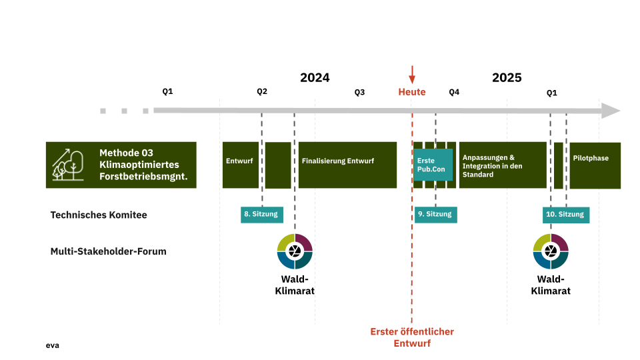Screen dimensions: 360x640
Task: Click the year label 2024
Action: pyautogui.click(x=315, y=77)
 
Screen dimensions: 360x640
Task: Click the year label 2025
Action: pyautogui.click(x=507, y=77)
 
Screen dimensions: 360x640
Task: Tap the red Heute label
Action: pyautogui.click(x=412, y=92)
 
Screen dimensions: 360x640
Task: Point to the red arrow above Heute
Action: pyautogui.click(x=412, y=73)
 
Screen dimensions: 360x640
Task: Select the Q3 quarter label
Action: pyautogui.click(x=359, y=92)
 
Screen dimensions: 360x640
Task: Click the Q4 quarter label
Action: pyautogui.click(x=454, y=92)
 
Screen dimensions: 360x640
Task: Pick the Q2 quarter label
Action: pyautogui.click(x=262, y=91)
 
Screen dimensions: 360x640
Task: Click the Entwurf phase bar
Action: pyautogui.click(x=240, y=165)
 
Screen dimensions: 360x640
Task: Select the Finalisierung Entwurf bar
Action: pyautogui.click(x=347, y=165)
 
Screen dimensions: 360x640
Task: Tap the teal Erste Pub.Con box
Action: pyautogui.click(x=433, y=165)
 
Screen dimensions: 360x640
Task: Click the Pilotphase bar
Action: pyautogui.click(x=595, y=165)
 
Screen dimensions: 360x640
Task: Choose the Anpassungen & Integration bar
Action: pyautogui.click(x=502, y=165)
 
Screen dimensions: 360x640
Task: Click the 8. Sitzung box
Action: pyautogui.click(x=262, y=214)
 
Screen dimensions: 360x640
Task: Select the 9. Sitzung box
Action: pyautogui.click(x=435, y=214)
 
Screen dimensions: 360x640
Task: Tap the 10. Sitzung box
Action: pyautogui.click(x=565, y=214)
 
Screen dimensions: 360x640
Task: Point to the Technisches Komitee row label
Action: pyautogui.click(x=99, y=215)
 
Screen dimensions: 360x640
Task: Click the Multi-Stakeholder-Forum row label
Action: pyautogui.click(x=109, y=251)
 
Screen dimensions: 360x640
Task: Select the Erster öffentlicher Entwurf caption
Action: pyautogui.click(x=412, y=337)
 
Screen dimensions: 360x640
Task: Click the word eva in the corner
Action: pyautogui.click(x=53, y=345)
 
